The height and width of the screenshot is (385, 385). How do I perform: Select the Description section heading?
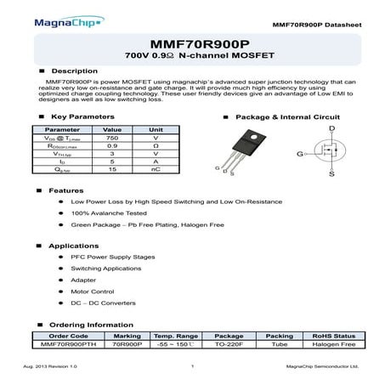click(x=69, y=71)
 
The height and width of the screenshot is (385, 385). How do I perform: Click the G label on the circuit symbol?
click(x=300, y=154)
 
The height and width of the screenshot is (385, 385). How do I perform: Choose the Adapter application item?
click(x=84, y=279)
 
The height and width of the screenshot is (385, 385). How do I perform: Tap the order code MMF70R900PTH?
click(x=69, y=344)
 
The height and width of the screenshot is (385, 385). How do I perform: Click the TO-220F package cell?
click(x=229, y=344)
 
